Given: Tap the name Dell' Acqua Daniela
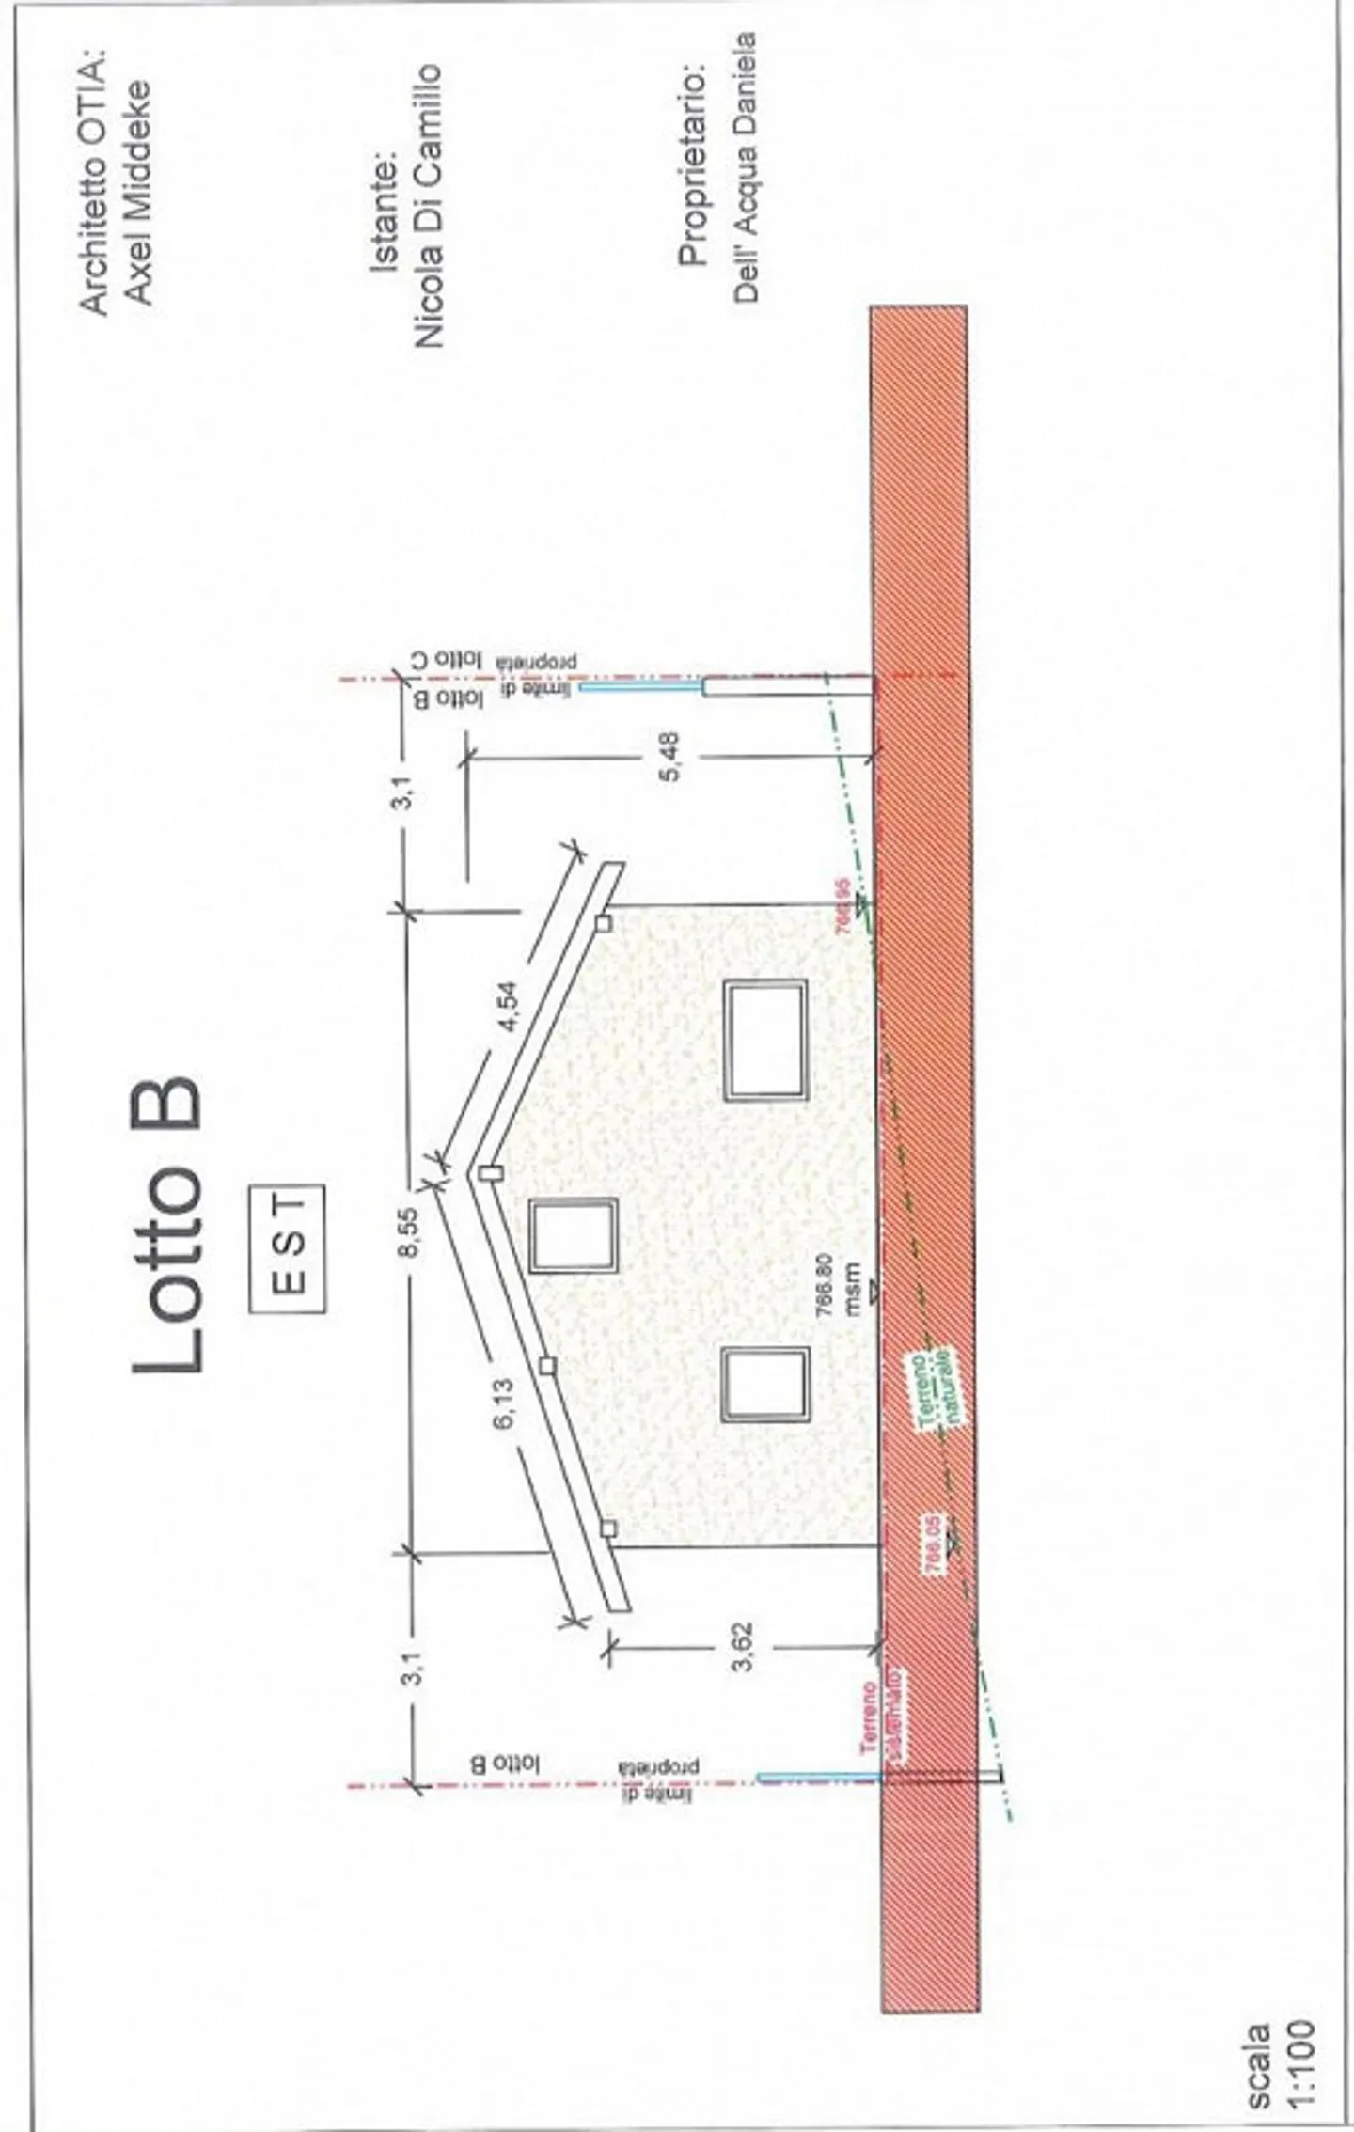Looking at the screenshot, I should coord(745,168).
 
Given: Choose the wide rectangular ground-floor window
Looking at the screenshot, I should coord(767,1041).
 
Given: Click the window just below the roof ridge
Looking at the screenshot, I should coord(573,1235).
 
